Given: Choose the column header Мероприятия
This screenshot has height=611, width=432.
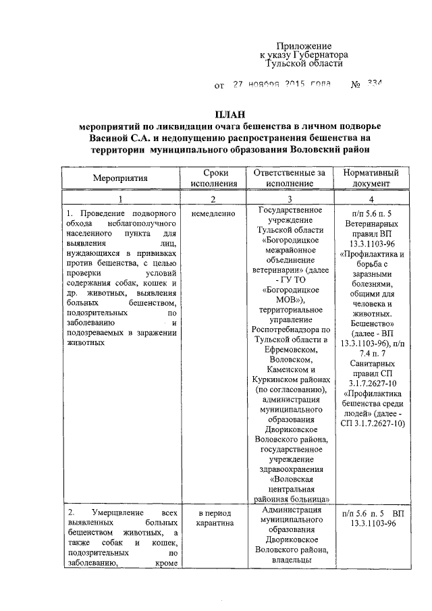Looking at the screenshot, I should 120,178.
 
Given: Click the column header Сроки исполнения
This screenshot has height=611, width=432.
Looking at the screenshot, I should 213,178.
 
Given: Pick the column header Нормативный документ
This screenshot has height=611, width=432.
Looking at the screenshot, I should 371,178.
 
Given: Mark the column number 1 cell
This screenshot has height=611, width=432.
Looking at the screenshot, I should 120,198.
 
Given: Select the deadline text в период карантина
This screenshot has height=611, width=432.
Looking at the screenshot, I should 213,519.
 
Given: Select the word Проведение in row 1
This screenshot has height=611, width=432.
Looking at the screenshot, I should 107,213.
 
